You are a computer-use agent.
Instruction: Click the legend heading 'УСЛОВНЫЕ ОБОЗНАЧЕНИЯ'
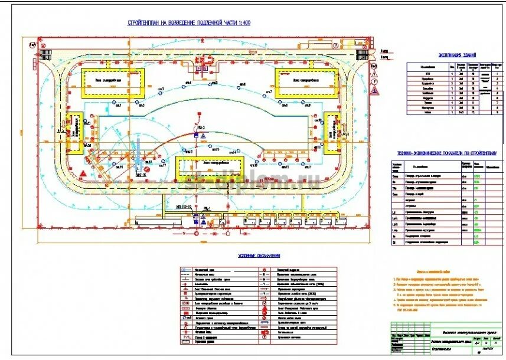click(x=259, y=256)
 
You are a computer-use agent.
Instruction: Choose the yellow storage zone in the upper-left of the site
click(x=112, y=83)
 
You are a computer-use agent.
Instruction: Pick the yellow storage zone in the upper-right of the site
click(x=305, y=81)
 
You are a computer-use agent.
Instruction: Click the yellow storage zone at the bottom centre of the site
click(x=210, y=164)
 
